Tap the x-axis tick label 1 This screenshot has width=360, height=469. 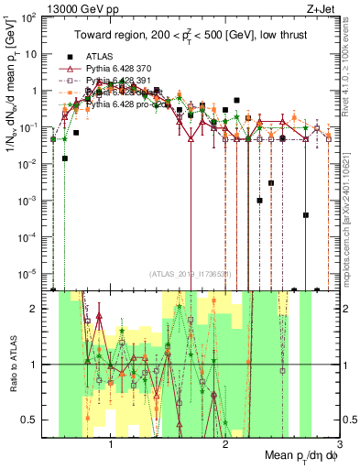111,443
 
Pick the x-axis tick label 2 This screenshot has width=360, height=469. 225,443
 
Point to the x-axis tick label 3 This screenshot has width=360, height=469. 338,443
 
